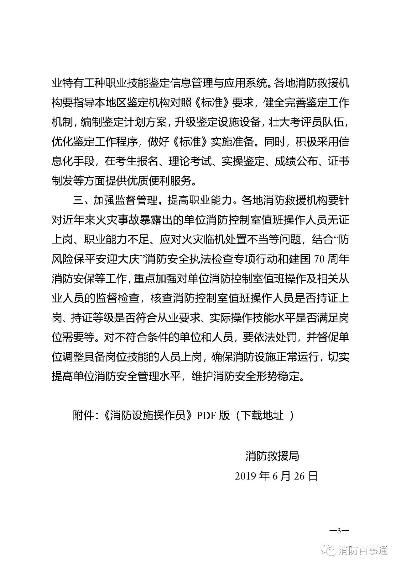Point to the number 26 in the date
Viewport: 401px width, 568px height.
click(299, 476)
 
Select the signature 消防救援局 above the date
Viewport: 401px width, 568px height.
click(272, 456)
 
